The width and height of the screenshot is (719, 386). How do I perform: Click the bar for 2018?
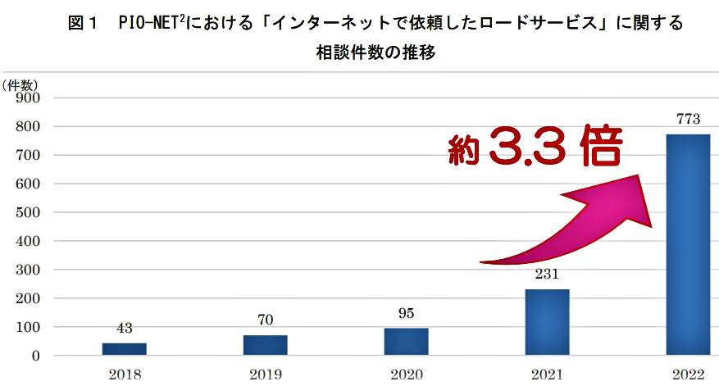(124, 349)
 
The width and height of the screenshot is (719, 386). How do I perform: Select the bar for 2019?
(265, 345)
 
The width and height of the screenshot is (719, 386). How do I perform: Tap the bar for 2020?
(406, 342)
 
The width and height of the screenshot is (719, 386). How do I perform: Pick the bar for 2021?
(547, 322)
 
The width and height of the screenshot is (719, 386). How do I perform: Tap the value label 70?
(265, 320)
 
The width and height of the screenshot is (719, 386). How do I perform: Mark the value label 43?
(124, 329)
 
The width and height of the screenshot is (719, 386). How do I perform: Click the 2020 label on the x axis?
(406, 375)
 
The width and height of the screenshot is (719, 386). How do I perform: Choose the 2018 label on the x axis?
(124, 375)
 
